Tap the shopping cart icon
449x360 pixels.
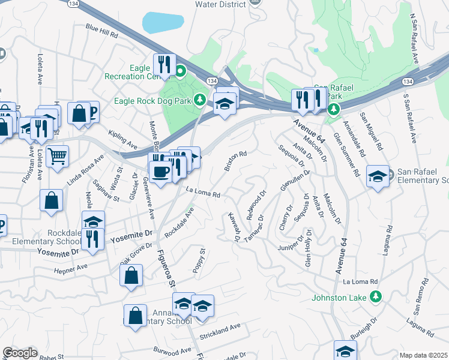pyautogui.click(x=58, y=156)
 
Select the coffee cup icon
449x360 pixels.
pyautogui.click(x=160, y=172)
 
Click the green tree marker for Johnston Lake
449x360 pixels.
pyautogui.click(x=376, y=296)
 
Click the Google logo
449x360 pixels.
pyautogui.click(x=19, y=353)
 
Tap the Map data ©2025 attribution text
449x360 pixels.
pyautogui.click(x=423, y=355)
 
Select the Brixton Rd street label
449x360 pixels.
pyautogui.click(x=235, y=161)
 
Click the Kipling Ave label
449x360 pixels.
pyautogui.click(x=122, y=140)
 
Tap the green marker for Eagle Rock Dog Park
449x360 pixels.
pyautogui.click(x=203, y=100)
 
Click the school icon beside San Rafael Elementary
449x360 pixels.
pyautogui.click(x=376, y=176)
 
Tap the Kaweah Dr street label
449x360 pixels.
pyautogui.click(x=232, y=227)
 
